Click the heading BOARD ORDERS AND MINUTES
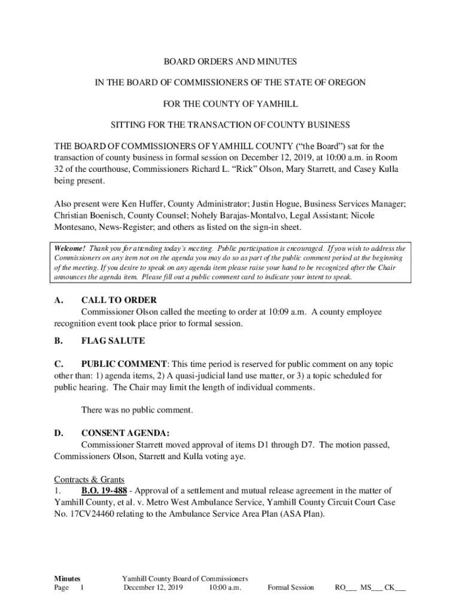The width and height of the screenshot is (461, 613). pyautogui.click(x=230, y=62)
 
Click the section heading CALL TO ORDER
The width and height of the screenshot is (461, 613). pyautogui.click(x=119, y=300)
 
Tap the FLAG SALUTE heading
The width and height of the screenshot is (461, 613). pyautogui.click(x=113, y=341)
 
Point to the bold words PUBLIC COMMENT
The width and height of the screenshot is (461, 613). pyautogui.click(x=124, y=364)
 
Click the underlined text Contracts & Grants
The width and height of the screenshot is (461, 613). pyautogui.click(x=89, y=480)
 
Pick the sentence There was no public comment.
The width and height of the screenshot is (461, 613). pyautogui.click(x=137, y=410)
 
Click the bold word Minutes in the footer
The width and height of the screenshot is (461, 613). pyautogui.click(x=67, y=578)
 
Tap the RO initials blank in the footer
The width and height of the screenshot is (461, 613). pyautogui.click(x=345, y=587)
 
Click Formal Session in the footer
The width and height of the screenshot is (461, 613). pyautogui.click(x=290, y=587)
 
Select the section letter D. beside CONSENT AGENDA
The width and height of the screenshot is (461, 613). pyautogui.click(x=59, y=433)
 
